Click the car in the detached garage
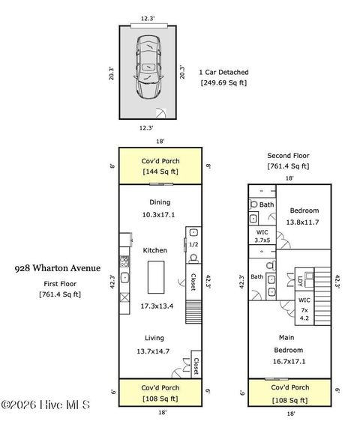pos(148,69)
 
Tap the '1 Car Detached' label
pos(223,72)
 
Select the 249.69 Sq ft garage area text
pos(223,82)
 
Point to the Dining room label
pos(159,202)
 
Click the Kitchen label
pos(154,249)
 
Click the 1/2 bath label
pos(193,244)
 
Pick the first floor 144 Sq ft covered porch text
pos(159,172)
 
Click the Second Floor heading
pos(288,155)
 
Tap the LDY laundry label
pos(299,281)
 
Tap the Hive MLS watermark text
pos(45,405)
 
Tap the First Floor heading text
pos(60,283)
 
